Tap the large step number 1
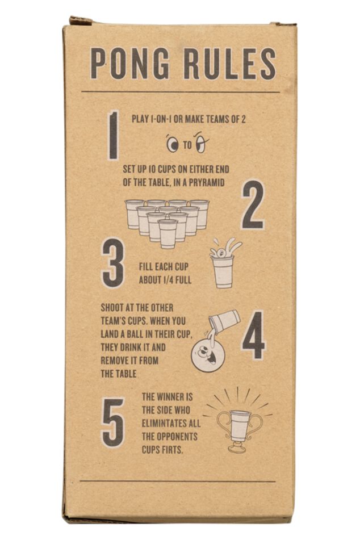coord(114,135)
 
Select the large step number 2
coord(253,205)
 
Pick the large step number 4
coord(254,335)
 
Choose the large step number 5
coord(112,422)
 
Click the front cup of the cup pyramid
coord(168,233)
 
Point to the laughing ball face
coord(206,354)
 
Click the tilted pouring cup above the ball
coord(224,320)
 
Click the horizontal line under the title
coord(181,92)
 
